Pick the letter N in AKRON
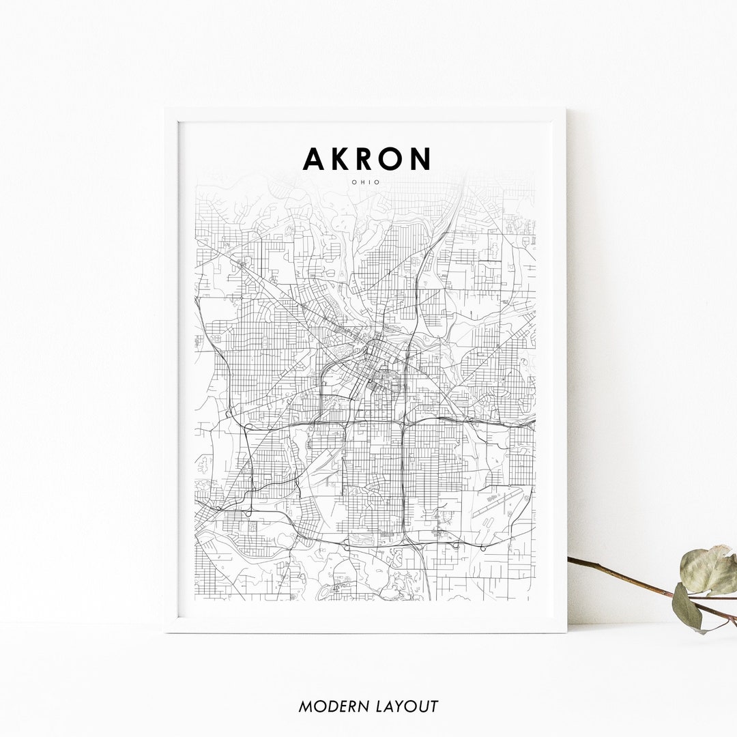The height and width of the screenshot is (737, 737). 420,158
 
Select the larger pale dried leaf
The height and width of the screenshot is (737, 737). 708,568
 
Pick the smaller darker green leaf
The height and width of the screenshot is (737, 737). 687,606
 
